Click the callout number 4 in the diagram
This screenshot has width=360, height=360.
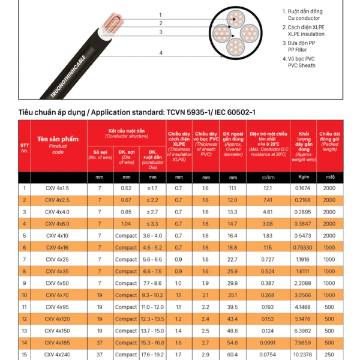[x=161, y=53]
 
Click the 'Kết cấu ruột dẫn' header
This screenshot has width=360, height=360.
[x=127, y=131]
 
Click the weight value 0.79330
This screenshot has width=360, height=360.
[x=303, y=247]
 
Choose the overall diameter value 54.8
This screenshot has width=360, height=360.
[x=232, y=343]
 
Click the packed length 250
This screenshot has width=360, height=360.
[x=329, y=355]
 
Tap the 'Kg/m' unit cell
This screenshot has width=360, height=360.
[x=303, y=178]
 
